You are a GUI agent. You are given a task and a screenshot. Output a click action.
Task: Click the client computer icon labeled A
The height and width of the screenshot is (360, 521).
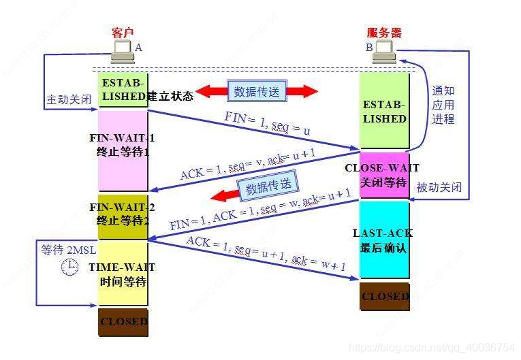click(123, 49)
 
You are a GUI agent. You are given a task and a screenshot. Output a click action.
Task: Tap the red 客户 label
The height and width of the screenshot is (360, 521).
click(123, 32)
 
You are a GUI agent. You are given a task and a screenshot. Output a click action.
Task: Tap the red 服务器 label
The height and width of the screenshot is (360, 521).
click(384, 32)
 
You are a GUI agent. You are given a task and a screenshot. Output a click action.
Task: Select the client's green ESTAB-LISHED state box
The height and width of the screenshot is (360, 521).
click(123, 89)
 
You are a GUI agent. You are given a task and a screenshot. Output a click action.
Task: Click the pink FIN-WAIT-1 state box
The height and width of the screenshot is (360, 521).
click(123, 150)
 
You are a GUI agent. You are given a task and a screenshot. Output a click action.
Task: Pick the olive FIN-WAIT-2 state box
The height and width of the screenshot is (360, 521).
click(123, 215)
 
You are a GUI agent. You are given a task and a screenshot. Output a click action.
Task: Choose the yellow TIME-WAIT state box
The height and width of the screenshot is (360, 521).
click(123, 272)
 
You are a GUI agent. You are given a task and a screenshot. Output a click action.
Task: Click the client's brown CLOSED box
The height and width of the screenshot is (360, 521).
click(123, 321)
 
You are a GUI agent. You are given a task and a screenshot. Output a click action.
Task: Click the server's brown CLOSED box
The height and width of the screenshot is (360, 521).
click(385, 296)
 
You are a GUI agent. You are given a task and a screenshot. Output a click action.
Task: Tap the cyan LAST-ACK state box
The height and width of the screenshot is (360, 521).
click(384, 240)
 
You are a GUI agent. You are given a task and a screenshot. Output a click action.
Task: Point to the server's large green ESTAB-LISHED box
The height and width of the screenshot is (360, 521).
click(384, 111)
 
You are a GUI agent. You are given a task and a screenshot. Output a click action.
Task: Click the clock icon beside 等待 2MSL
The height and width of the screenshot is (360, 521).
click(69, 267)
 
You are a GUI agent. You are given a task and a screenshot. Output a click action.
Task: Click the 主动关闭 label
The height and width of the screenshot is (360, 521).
click(69, 99)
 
